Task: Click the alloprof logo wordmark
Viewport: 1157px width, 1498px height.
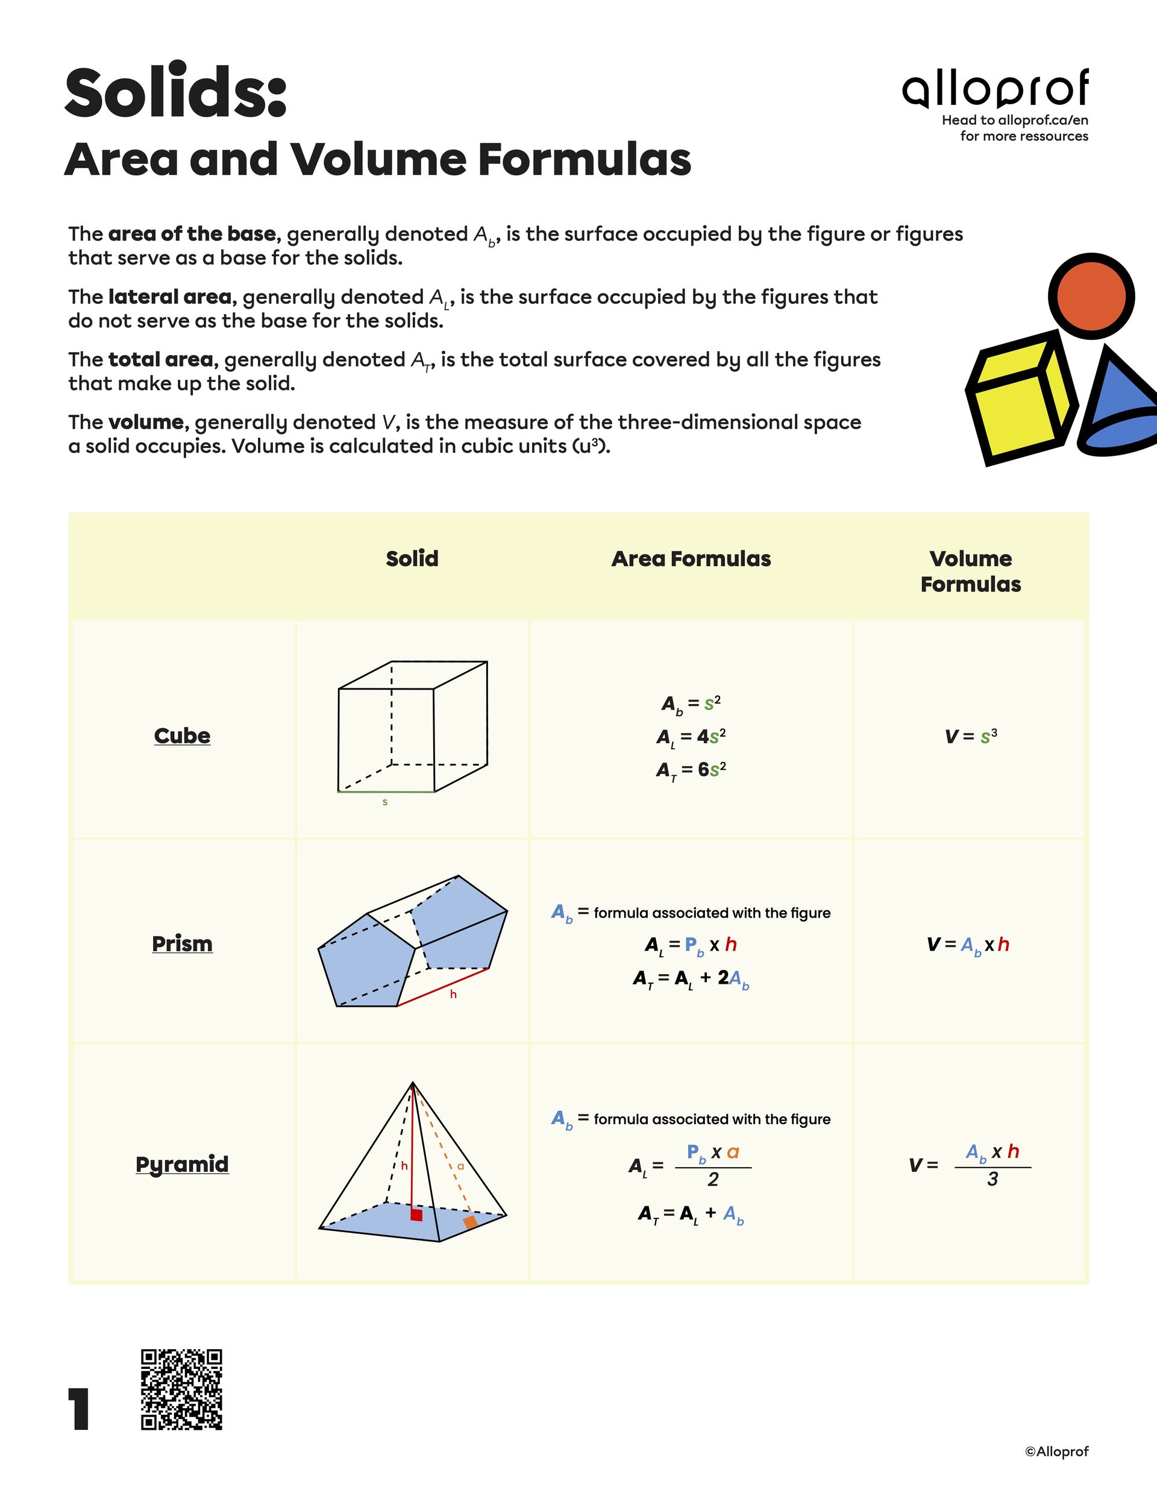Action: (994, 90)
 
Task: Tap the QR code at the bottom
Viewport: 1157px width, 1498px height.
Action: (182, 1389)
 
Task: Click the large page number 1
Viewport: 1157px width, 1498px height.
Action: (80, 1409)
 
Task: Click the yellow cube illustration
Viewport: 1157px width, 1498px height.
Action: (1018, 398)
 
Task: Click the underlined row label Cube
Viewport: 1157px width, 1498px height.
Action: (182, 735)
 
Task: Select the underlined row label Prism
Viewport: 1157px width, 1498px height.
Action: (182, 944)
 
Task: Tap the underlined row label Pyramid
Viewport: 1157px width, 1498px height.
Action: (182, 1164)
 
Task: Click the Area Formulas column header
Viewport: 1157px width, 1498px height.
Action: (691, 559)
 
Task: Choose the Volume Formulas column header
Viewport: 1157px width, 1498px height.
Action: (970, 571)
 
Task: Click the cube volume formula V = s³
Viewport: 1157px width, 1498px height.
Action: (970, 737)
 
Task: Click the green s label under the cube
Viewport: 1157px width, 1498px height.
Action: (384, 802)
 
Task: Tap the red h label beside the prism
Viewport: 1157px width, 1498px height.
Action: (453, 995)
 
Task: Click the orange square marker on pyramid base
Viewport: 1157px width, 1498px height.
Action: (470, 1223)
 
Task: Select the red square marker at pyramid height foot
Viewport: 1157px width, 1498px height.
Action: (416, 1215)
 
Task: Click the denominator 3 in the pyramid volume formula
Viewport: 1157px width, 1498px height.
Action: (992, 1180)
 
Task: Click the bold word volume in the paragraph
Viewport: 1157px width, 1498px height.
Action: (145, 422)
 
